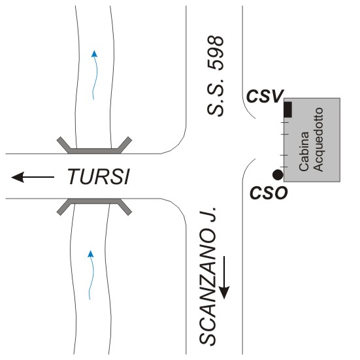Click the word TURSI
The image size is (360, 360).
99,176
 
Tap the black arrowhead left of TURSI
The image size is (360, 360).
18,177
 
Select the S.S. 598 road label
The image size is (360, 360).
216,76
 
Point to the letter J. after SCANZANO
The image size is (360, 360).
208,214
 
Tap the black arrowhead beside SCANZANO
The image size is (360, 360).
224,293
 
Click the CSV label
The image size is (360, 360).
265,96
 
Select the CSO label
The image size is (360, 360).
269,193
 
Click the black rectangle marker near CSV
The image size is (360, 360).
288,110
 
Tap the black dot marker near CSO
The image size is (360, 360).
278,175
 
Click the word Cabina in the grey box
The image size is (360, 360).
304,152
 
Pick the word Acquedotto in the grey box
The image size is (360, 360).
318,140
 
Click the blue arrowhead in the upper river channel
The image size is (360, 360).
94,54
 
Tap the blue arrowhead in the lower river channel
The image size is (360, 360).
91,254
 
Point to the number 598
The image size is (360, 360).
216,53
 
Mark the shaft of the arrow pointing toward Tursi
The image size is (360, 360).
39,177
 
